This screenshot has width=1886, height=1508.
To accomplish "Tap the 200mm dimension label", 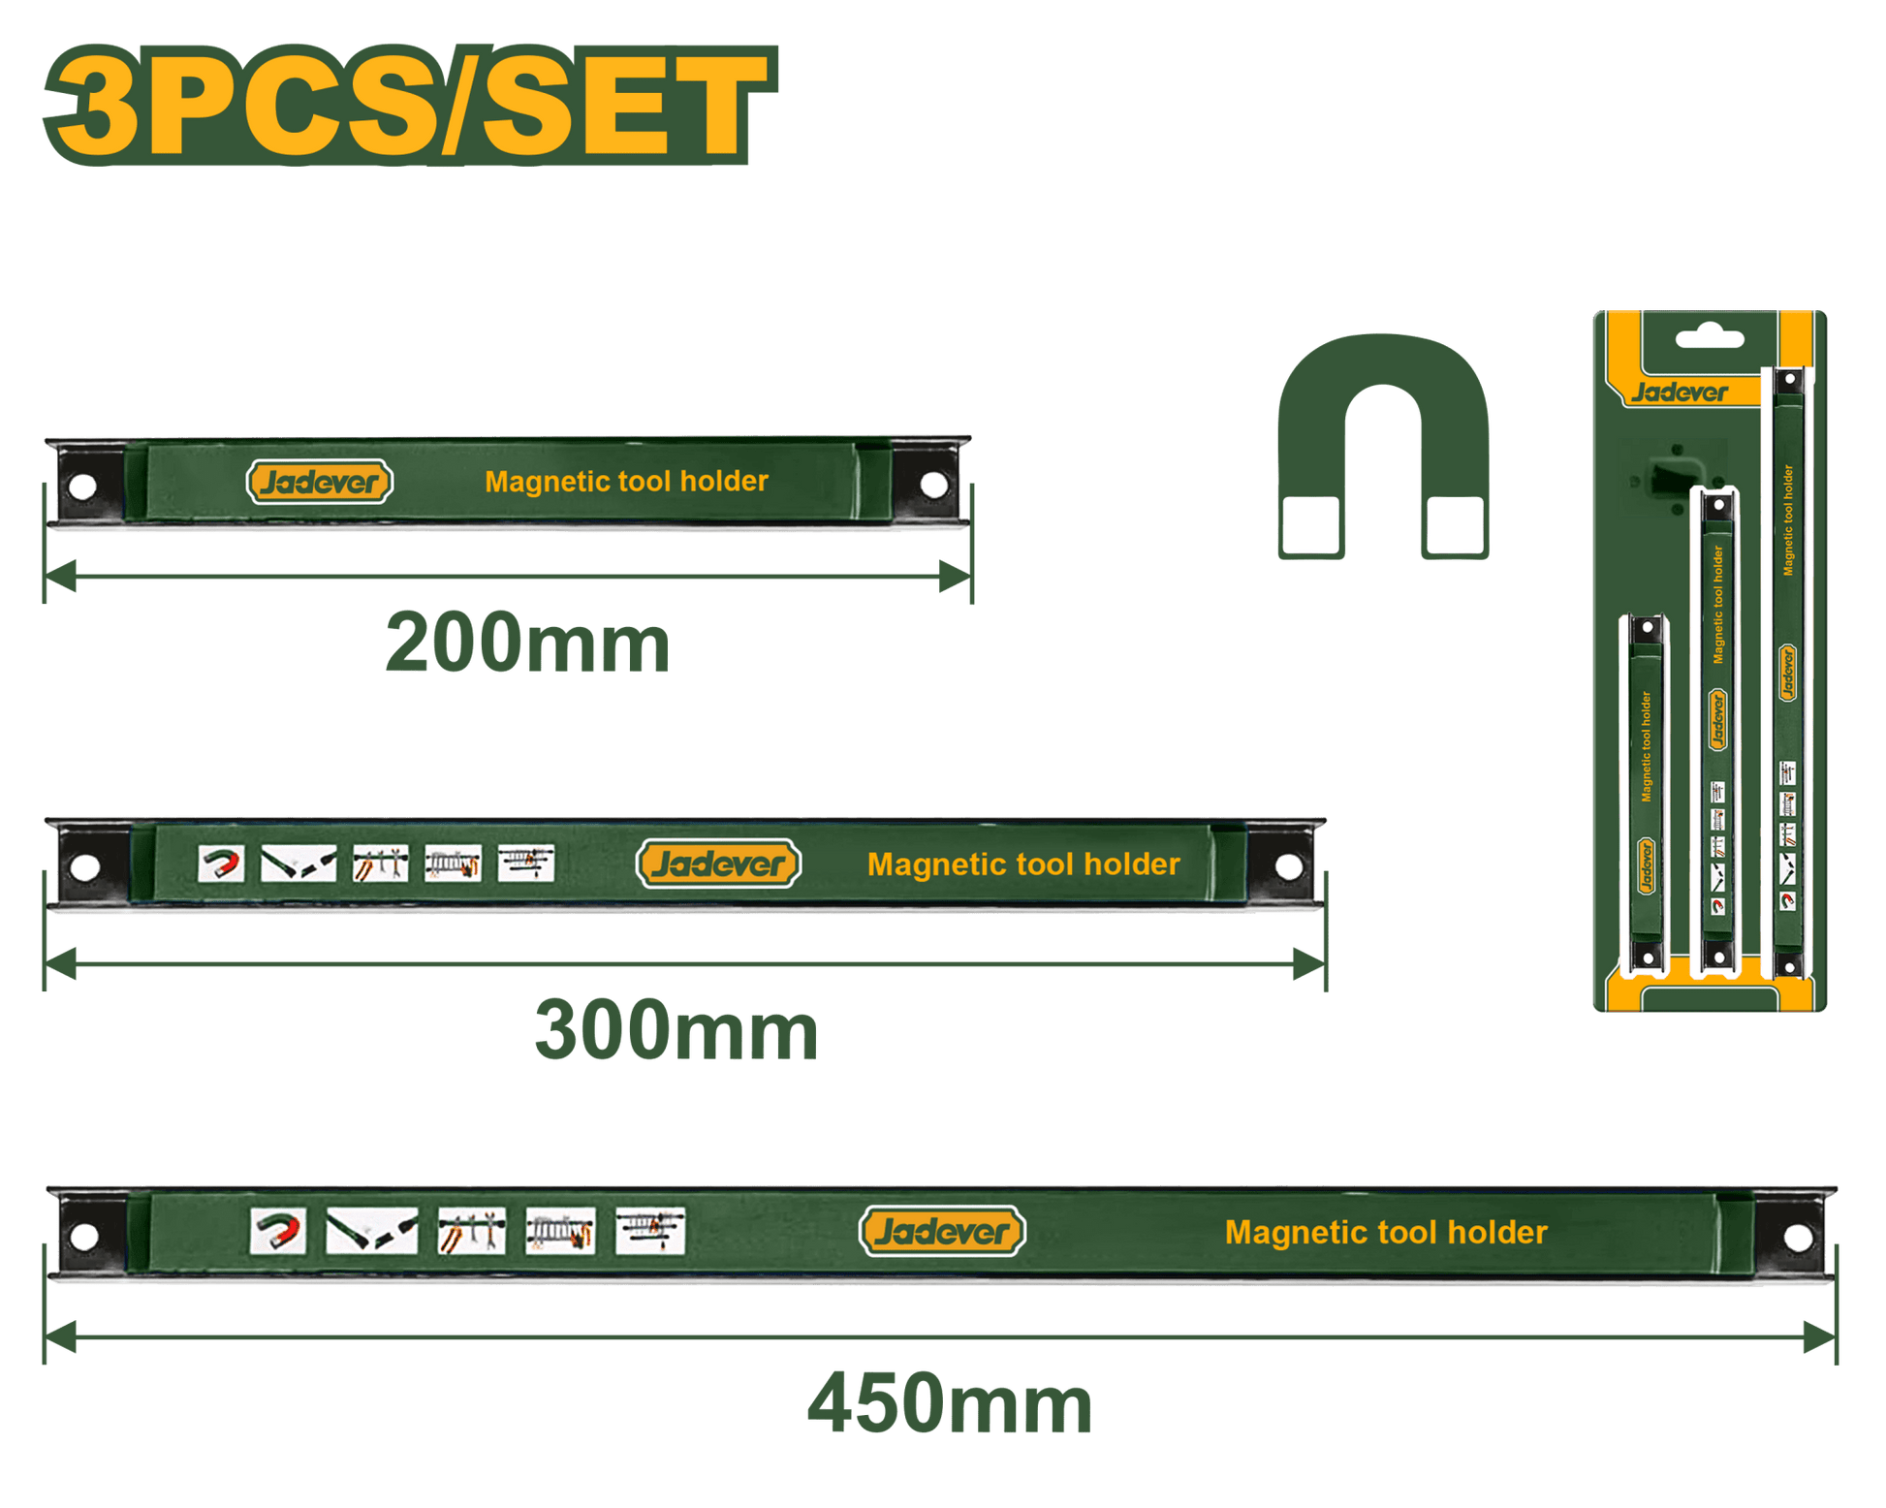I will coord(527,644).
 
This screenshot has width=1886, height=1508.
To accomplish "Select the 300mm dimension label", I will coord(676,1030).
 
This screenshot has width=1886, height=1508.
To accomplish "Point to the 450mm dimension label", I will coord(949,1403).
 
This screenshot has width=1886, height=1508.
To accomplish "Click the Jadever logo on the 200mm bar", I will coord(320,482).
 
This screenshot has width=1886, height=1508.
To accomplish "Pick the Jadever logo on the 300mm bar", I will coord(718,864).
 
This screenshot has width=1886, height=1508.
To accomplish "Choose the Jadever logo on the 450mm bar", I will coord(942,1232).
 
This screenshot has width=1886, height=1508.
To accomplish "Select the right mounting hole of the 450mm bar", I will coord(1798,1237).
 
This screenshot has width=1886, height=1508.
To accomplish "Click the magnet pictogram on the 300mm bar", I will coord(221,863).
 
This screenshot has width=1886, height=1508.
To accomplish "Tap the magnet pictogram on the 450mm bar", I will coord(278,1232).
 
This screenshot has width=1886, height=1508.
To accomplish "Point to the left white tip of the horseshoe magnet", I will coord(1310,525).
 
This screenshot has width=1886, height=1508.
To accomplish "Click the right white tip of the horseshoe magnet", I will coord(1455,525).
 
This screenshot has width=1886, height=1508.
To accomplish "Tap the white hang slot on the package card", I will coord(1710,339).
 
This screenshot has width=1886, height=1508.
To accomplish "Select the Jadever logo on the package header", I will coord(1679,393).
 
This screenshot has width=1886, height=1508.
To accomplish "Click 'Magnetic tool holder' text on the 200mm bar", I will coord(626,482).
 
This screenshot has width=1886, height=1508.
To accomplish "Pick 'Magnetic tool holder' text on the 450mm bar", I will coord(1386,1233).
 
